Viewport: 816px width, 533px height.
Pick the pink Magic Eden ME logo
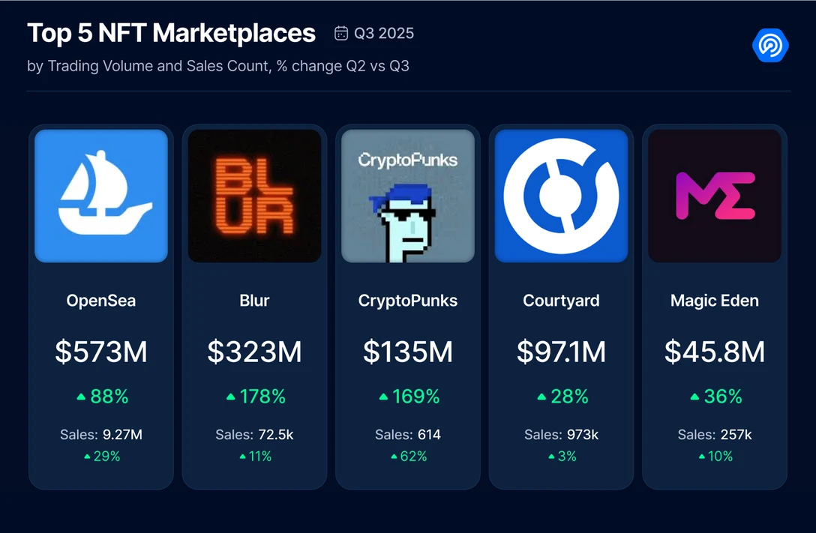click(715, 196)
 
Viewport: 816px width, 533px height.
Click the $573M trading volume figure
click(101, 352)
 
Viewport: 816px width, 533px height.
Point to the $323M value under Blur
click(254, 352)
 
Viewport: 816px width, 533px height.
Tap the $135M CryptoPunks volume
click(408, 352)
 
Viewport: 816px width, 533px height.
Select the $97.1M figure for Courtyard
click(561, 352)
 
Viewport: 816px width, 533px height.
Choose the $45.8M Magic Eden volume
click(715, 352)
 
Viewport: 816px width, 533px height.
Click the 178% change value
click(262, 397)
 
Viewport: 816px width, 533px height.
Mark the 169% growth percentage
click(416, 397)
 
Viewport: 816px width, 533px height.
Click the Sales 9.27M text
click(101, 434)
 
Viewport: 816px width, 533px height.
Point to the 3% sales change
click(567, 456)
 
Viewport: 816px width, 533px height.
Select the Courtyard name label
click(561, 301)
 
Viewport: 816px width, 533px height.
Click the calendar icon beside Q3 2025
click(341, 34)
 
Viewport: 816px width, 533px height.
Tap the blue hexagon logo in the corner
click(770, 46)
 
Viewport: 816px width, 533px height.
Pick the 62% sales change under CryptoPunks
click(414, 456)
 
